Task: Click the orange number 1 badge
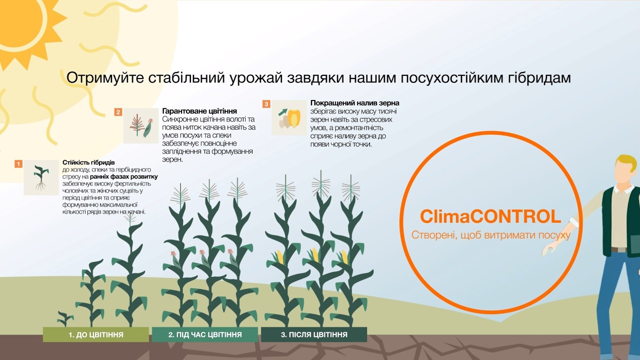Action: click(18, 164)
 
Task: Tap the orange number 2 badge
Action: click(118, 112)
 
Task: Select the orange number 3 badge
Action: click(266, 104)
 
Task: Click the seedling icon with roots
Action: click(41, 177)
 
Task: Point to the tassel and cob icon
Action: click(141, 125)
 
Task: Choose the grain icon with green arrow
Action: click(289, 117)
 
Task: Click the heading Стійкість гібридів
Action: click(88, 162)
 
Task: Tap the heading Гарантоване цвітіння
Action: click(199, 111)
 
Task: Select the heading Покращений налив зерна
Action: click(355, 103)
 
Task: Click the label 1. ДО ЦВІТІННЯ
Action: click(96, 334)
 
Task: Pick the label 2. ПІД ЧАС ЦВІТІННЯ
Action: click(205, 334)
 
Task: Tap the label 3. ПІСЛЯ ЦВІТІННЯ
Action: click(314, 334)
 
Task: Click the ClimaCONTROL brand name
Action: click(490, 216)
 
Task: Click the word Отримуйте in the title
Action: click(105, 78)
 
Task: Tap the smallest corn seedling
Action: click(65, 318)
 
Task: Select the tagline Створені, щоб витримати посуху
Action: click(491, 235)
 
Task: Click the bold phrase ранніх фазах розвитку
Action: click(123, 176)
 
